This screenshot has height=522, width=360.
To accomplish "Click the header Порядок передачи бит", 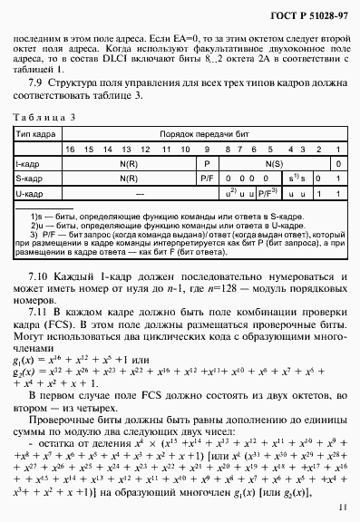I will (x=202, y=133).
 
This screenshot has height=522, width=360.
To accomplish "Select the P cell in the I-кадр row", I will (x=207, y=163).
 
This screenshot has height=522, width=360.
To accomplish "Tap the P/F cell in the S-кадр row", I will (x=207, y=179).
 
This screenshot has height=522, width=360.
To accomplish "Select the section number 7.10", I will (x=37, y=274).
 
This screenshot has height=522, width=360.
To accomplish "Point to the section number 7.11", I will (x=37, y=310).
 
